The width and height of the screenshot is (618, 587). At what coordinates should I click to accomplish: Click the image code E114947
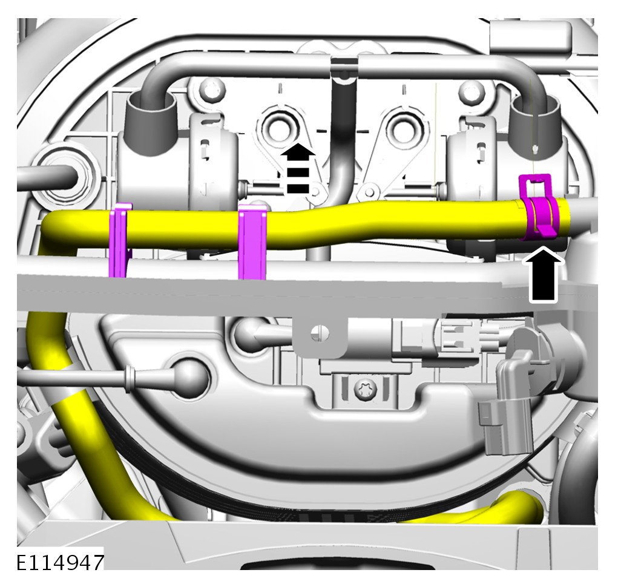pyautogui.click(x=61, y=562)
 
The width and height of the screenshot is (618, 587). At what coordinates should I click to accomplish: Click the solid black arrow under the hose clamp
pyautogui.click(x=544, y=275)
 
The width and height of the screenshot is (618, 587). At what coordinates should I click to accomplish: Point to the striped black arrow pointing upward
pyautogui.click(x=298, y=169)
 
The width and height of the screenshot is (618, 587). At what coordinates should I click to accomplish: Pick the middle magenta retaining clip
pyautogui.click(x=252, y=241)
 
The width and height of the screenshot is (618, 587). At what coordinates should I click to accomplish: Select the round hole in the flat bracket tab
pyautogui.click(x=320, y=333)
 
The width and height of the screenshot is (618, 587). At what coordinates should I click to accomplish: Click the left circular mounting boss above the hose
pyautogui.click(x=280, y=129)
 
